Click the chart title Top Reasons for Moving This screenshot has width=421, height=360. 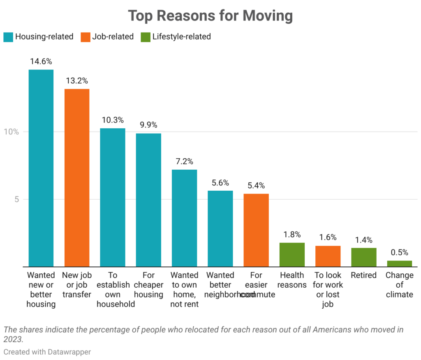tap(210, 16)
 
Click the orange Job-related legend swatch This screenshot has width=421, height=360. tap(86, 37)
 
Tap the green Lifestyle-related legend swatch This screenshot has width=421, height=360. tap(145, 37)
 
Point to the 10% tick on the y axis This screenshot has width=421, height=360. tap(12, 132)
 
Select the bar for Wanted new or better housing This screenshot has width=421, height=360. tap(41, 168)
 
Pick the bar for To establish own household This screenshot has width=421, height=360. tap(113, 197)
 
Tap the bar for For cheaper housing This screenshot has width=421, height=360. tap(148, 200)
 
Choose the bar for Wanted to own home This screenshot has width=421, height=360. tap(184, 218)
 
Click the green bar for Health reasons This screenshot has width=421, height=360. tap(292, 254)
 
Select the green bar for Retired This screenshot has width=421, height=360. tap(363, 257)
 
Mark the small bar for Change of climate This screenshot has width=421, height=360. tap(399, 263)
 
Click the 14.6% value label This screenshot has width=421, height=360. tap(41, 61)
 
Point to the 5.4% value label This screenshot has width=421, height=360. tap(256, 185)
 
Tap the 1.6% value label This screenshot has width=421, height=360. tap(328, 237)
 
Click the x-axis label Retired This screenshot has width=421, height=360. tap(363, 275)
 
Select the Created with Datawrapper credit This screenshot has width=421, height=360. tap(47, 352)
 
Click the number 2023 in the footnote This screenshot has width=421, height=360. tap(13, 339)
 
